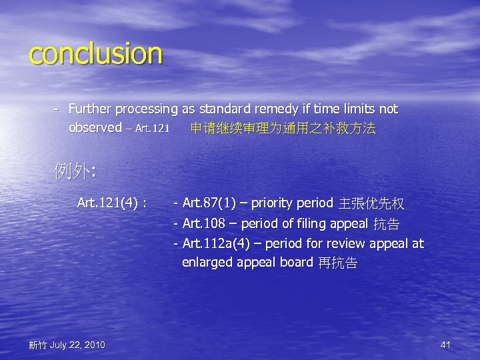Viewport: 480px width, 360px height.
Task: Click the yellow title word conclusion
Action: pos(95,54)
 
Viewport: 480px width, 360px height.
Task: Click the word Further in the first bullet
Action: pos(89,109)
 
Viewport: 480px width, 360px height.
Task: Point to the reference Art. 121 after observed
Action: pos(151,128)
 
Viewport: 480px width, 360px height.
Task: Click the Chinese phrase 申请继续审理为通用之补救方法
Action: pos(283,128)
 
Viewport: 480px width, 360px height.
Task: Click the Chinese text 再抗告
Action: pos(338,263)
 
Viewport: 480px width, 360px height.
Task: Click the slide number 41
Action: pos(446,345)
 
